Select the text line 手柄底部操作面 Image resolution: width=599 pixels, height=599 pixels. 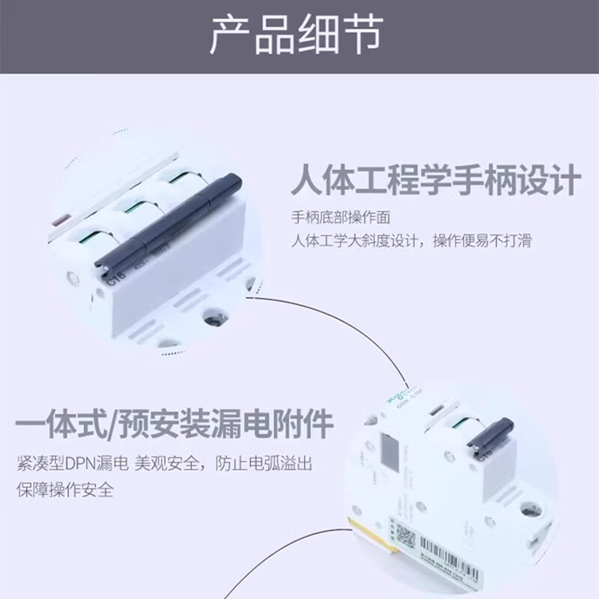(x=341, y=218)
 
